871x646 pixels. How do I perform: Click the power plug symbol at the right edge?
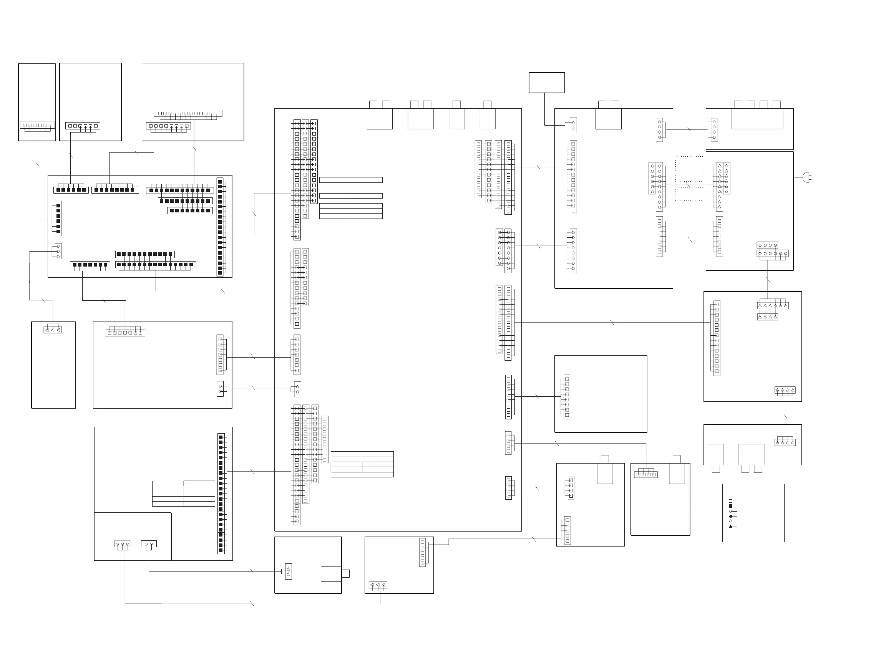(806, 177)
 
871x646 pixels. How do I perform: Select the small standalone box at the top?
(546, 83)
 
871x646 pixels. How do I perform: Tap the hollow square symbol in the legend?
(730, 501)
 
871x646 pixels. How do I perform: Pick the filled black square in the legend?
(730, 506)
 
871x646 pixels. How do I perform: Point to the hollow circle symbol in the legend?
(730, 511)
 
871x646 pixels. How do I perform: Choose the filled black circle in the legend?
(730, 516)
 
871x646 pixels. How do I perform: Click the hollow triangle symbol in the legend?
(730, 521)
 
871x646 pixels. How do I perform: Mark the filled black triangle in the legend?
(730, 526)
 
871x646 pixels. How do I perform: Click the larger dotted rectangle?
(689, 169)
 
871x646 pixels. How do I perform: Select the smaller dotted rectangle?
(689, 194)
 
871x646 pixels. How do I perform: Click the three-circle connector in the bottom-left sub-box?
(123, 544)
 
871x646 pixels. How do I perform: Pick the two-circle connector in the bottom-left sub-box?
(149, 544)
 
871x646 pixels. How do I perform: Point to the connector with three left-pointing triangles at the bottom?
(378, 585)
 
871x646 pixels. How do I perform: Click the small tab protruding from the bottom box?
(345, 574)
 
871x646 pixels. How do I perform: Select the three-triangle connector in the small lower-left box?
(52, 330)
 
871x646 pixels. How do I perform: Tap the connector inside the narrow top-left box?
(37, 126)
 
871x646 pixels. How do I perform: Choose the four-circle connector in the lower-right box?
(785, 443)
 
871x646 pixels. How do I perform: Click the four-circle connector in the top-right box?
(714, 130)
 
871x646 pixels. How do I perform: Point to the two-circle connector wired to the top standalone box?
(573, 126)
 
